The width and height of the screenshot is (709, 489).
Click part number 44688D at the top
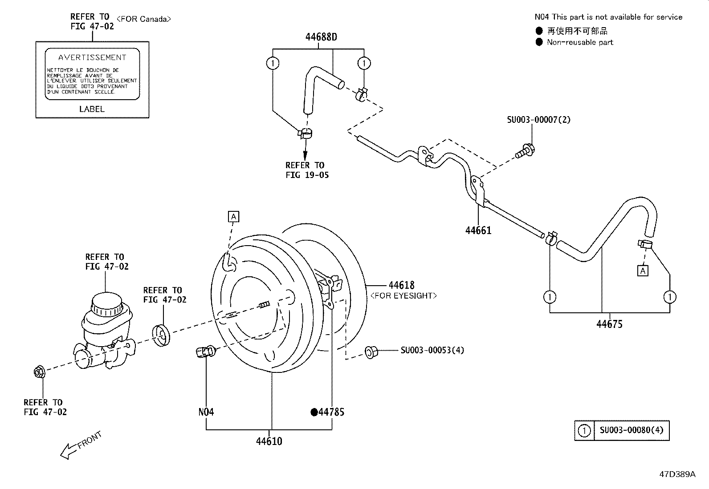tap(321, 37)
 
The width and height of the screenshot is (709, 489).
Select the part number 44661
tap(478, 230)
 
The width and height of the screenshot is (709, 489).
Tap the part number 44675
tap(609, 324)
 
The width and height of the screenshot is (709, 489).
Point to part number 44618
tap(401, 285)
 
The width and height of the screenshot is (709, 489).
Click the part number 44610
tap(269, 441)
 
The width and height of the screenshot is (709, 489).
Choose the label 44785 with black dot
tap(328, 412)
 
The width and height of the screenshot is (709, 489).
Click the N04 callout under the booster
tap(206, 412)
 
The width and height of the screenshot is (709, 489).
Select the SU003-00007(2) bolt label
tap(538, 120)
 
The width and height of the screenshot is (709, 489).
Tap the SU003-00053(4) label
tap(432, 350)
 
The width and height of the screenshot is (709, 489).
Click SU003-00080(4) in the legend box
tap(631, 430)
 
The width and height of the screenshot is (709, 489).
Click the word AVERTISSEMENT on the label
tap(92, 57)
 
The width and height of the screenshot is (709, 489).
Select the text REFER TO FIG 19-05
tap(307, 170)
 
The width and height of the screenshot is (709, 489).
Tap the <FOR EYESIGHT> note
tap(403, 295)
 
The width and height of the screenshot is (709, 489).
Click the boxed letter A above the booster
tap(233, 217)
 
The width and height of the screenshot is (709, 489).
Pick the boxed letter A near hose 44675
tap(643, 271)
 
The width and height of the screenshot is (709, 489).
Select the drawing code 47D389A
tap(677, 474)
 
